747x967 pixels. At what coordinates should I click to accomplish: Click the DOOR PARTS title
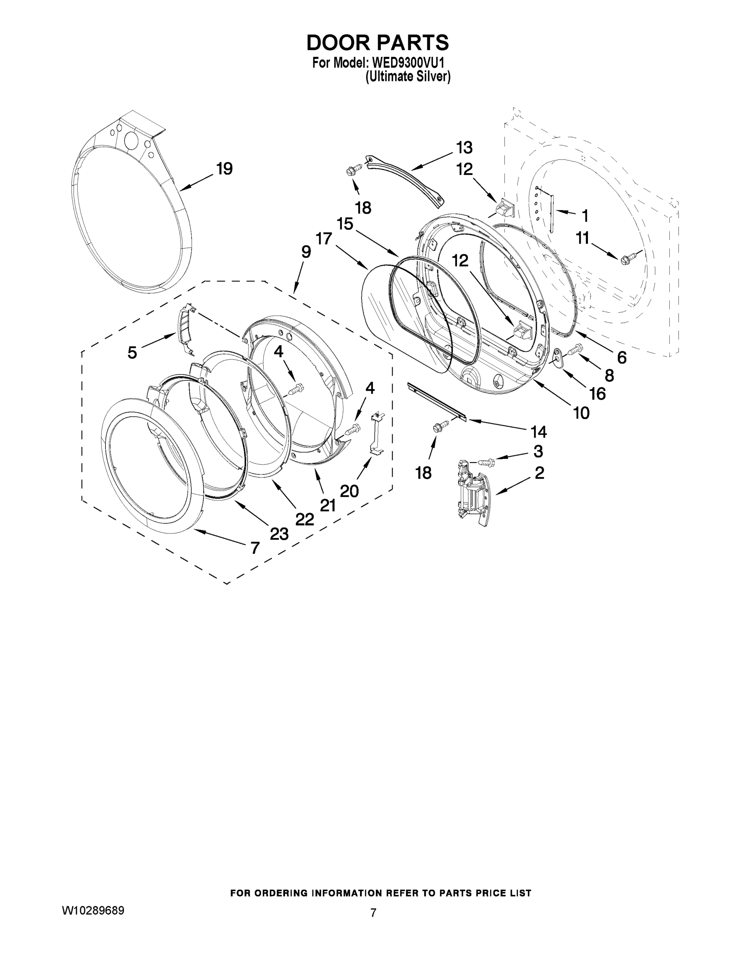pyautogui.click(x=377, y=43)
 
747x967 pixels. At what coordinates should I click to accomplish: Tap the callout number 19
pyautogui.click(x=224, y=169)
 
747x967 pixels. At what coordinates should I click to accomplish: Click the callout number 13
pyautogui.click(x=464, y=147)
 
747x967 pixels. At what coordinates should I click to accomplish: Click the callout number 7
pyautogui.click(x=255, y=548)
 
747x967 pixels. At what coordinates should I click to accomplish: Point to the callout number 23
pyautogui.click(x=279, y=534)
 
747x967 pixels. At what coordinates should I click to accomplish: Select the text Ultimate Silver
pyautogui.click(x=408, y=77)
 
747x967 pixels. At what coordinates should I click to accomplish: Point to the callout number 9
pyautogui.click(x=306, y=252)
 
